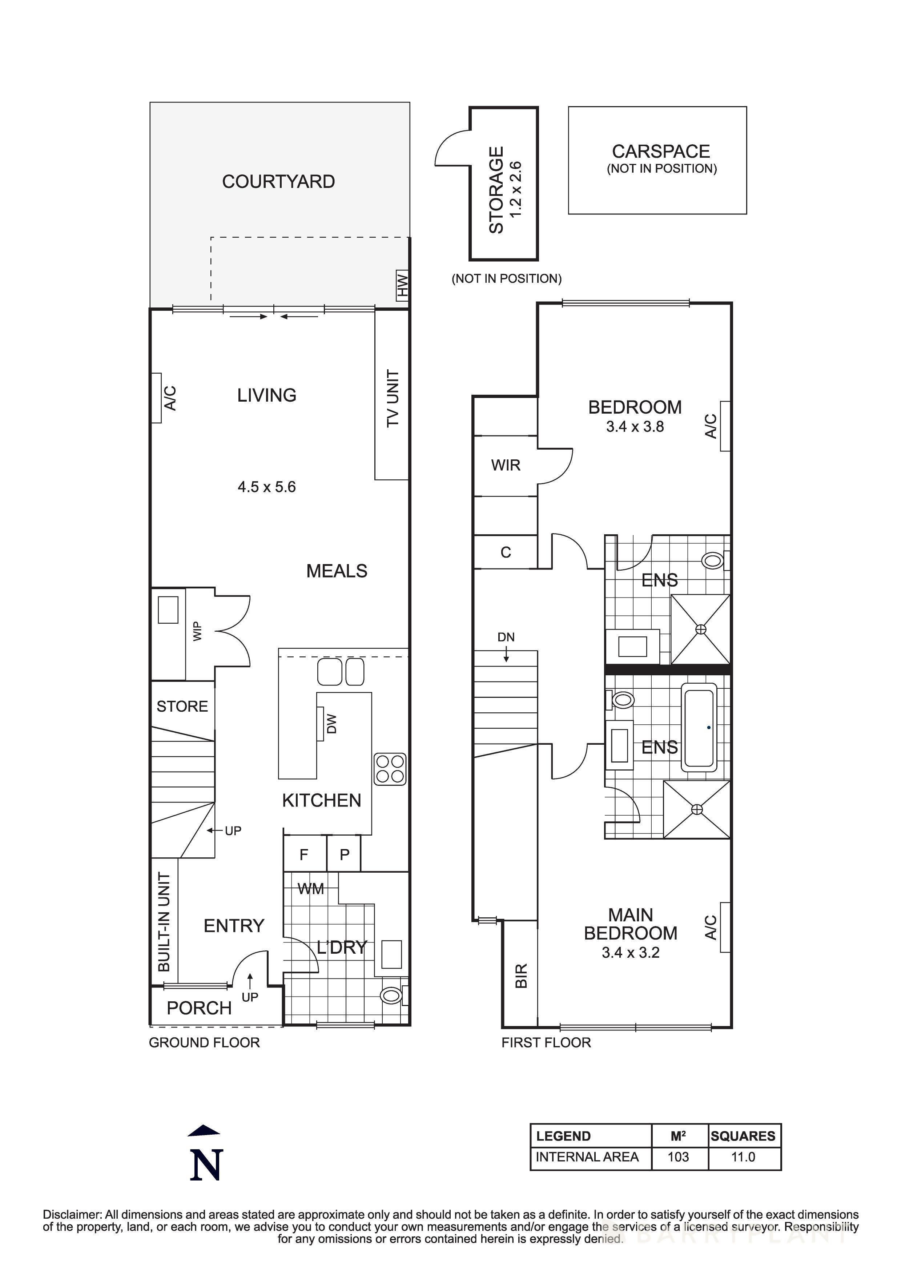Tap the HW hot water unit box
click(x=402, y=286)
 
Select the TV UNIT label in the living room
click(x=393, y=398)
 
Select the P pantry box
click(x=344, y=854)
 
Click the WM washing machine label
click(x=310, y=889)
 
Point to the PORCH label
click(x=199, y=1008)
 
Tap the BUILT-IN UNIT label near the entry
click(x=164, y=922)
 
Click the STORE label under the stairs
click(x=182, y=706)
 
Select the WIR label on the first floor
click(x=505, y=465)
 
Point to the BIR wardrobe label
click(x=521, y=976)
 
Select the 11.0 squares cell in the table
click(x=743, y=1157)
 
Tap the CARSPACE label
click(x=661, y=152)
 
